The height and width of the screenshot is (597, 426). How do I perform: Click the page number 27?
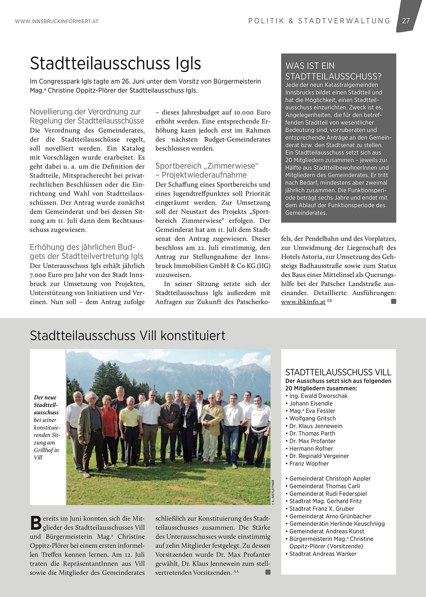pos(406,21)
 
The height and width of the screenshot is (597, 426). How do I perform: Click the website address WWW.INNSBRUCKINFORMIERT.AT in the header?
pos(57,21)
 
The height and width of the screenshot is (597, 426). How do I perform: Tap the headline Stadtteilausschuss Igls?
pos(115,64)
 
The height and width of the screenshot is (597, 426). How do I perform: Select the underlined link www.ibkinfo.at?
pos(303,302)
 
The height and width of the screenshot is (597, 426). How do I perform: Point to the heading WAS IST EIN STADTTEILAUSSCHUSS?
pos(333,71)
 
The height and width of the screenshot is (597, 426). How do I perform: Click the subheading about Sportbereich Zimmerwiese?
pos(207,170)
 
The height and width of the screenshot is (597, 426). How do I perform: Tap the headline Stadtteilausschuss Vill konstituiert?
pos(127,336)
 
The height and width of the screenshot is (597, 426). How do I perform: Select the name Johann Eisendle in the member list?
pos(311,404)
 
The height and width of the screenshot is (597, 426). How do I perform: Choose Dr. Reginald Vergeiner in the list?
pos(319,456)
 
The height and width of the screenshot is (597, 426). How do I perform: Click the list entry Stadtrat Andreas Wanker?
pos(322,554)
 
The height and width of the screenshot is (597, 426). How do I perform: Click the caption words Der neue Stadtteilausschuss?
pos(46,405)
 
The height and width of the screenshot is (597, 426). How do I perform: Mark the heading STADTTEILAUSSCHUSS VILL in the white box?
pos(338,372)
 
